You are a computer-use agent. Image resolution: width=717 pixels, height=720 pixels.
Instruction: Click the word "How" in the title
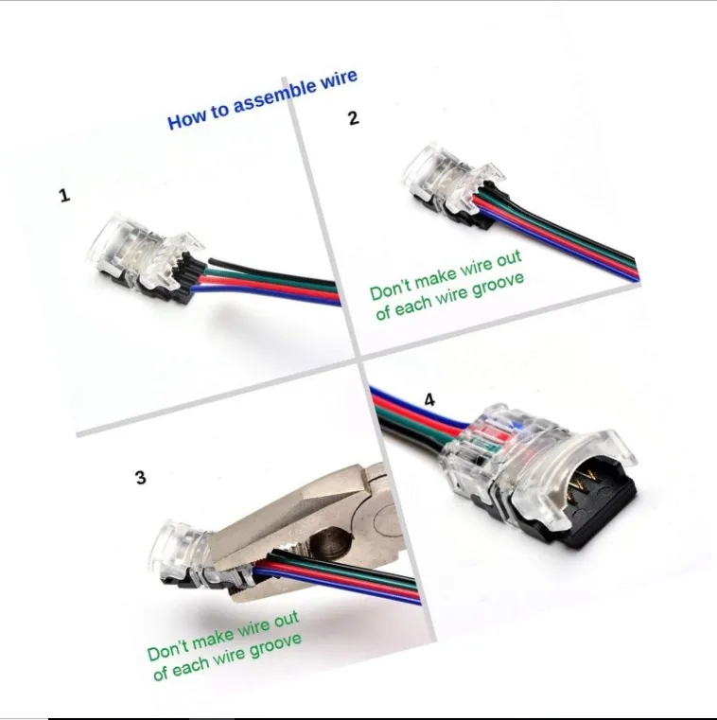coord(184,120)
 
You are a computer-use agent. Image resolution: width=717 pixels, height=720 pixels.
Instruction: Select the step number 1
coord(64,196)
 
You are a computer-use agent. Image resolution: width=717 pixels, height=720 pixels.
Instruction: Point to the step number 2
coord(353,118)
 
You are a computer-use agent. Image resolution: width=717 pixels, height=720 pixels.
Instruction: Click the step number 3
coord(141,478)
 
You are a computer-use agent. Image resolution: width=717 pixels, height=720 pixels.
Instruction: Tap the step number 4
coord(429,400)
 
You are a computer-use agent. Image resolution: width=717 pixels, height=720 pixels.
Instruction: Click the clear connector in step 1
coord(142,257)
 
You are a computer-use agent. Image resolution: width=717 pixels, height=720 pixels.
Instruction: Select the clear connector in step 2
coord(454,184)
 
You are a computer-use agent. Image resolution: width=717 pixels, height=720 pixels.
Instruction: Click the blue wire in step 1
coord(266,294)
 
